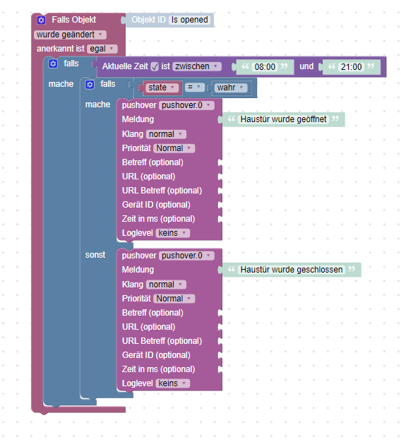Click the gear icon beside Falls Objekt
41,20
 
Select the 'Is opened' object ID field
190,20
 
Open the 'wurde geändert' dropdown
70,35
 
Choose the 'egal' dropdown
102,49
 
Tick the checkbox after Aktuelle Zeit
155,66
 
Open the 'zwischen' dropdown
197,66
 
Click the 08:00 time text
265,67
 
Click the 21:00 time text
351,67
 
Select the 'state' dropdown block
162,88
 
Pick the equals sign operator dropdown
194,88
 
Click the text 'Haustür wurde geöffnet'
283,119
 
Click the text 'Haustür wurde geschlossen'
292,270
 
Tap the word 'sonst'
95,255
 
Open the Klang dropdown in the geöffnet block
166,134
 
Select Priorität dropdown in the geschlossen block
174,299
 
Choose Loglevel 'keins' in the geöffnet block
173,233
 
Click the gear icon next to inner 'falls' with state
90,84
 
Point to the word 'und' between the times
306,66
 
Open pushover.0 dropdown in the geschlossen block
186,256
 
